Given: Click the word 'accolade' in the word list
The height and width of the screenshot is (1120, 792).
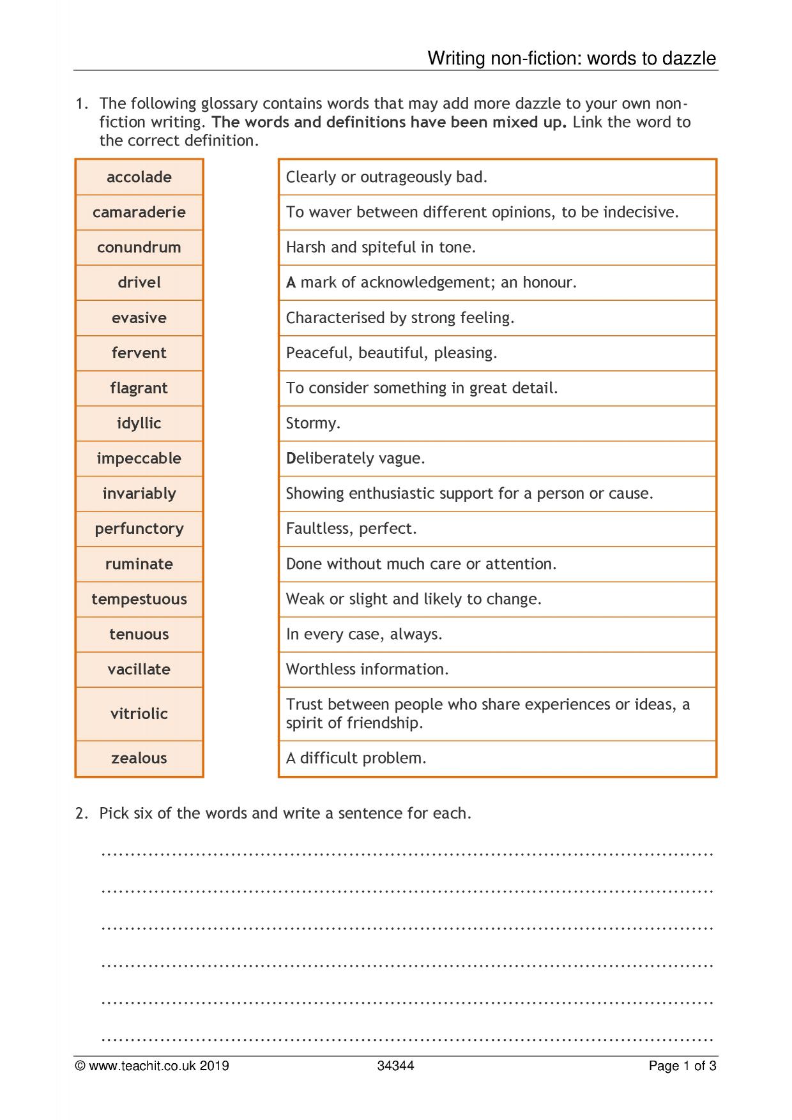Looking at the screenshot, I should (x=139, y=177).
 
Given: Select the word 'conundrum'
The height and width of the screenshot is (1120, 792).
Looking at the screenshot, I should (x=139, y=247).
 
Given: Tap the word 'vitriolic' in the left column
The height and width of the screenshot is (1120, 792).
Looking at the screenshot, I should (x=139, y=713).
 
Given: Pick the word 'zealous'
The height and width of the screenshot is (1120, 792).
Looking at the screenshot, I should (x=139, y=758).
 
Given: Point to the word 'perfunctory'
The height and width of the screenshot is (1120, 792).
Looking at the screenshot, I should (x=139, y=529).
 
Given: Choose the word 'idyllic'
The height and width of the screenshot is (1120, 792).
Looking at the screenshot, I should (x=139, y=423).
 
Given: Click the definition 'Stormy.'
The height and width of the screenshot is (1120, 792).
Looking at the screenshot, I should (x=313, y=423).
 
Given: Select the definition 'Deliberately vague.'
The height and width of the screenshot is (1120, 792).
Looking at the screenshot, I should (x=355, y=458).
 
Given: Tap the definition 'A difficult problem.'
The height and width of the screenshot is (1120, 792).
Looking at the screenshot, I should (x=356, y=758).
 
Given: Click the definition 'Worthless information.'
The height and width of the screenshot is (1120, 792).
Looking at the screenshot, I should (x=367, y=669).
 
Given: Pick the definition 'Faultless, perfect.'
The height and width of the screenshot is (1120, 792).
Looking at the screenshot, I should (x=351, y=529).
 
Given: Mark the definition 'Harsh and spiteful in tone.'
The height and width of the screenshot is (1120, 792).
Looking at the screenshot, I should (x=381, y=247).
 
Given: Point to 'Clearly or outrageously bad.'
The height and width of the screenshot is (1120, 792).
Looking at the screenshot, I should (x=386, y=177).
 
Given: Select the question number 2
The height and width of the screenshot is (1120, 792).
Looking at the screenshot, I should (x=81, y=813).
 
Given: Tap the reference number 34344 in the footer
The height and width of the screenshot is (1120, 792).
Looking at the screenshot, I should (x=395, y=1066).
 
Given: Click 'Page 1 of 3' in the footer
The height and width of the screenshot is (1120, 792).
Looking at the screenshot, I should (x=682, y=1066).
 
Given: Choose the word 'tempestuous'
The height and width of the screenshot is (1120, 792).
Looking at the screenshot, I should (x=139, y=599).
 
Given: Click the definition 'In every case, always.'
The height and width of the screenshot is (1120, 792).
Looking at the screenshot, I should (x=364, y=634).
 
